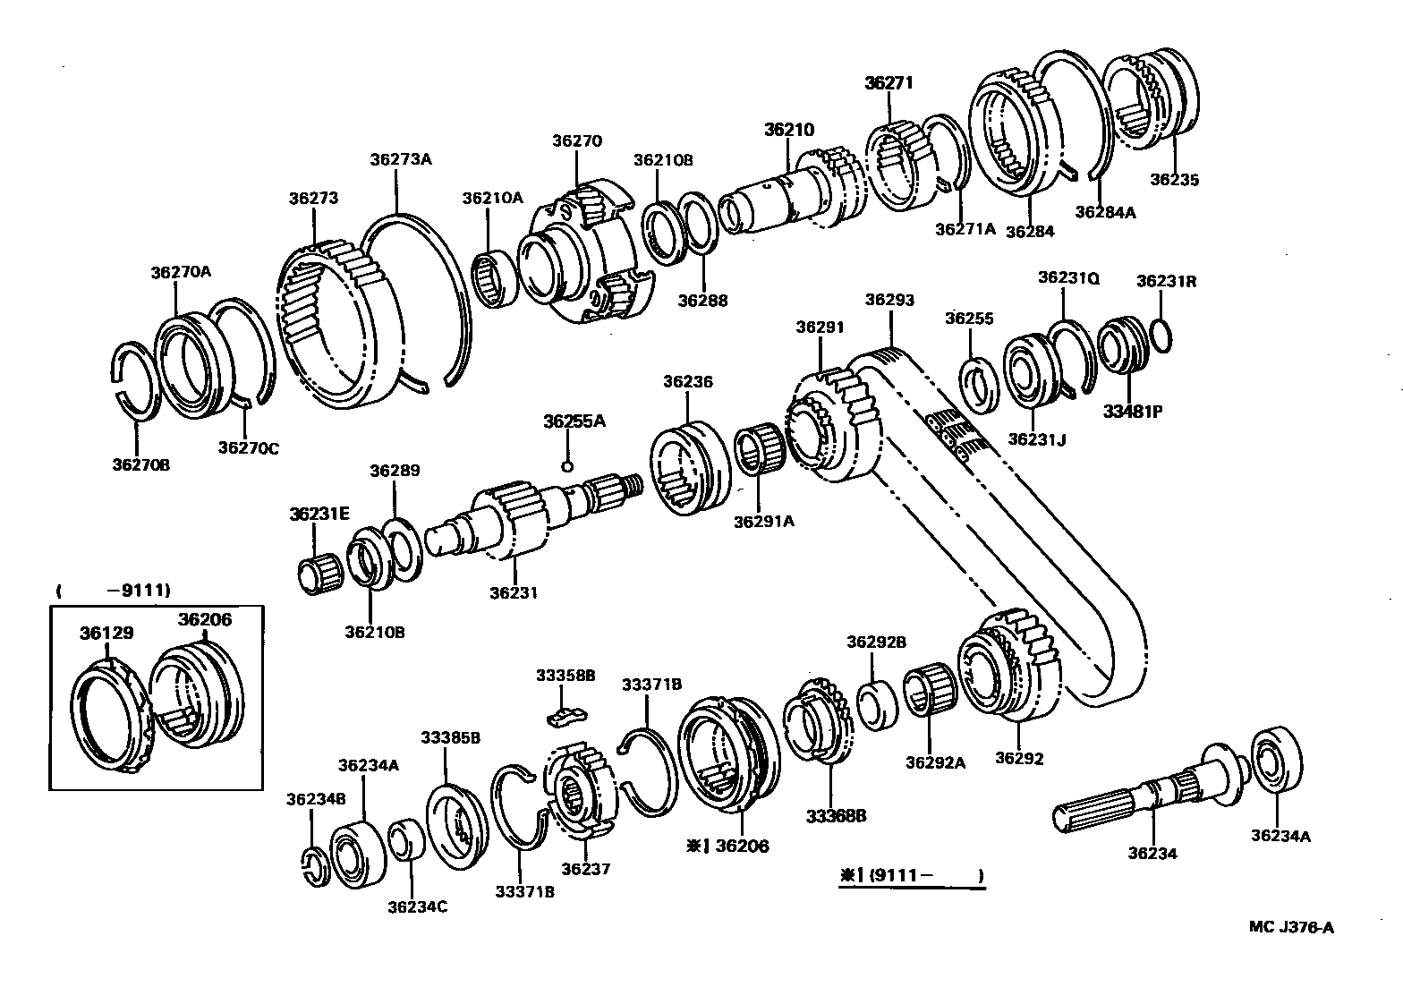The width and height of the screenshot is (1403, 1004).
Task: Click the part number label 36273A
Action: click(400, 159)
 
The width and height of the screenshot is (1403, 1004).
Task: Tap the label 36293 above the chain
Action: click(889, 300)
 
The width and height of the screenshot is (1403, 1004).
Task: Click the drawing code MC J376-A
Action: click(1290, 927)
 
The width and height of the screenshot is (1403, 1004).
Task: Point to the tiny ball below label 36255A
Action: click(566, 465)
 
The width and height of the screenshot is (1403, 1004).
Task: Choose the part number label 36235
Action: click(1174, 179)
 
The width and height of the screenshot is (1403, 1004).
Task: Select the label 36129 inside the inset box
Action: click(106, 633)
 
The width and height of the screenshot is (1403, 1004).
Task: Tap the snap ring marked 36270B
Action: click(137, 380)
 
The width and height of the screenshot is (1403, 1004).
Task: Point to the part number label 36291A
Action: click(763, 521)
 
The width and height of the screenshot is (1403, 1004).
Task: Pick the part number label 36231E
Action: click(319, 513)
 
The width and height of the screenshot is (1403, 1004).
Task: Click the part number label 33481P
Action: click(1132, 413)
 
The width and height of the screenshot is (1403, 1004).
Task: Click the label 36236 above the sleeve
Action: click(687, 381)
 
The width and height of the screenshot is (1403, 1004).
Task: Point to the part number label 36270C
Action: click(248, 447)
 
